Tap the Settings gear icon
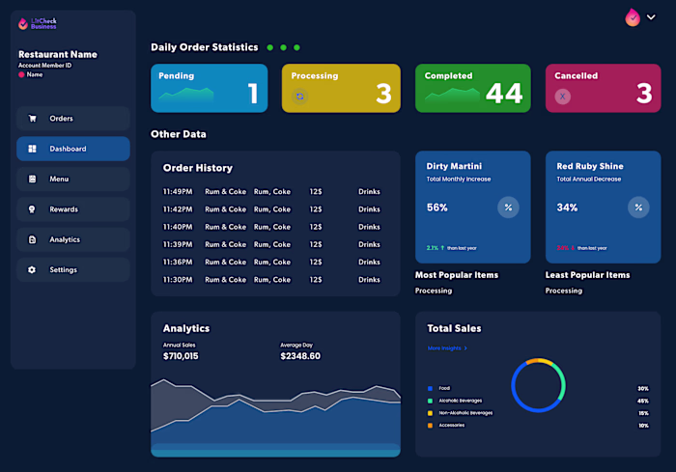click(32, 269)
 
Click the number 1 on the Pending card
click(253, 94)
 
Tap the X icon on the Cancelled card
click(563, 97)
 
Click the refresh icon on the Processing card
click(299, 97)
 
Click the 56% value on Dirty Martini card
click(437, 208)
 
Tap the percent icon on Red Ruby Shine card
click(638, 208)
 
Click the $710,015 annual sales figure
click(181, 356)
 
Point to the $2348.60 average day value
click(300, 356)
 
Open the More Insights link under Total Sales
click(447, 347)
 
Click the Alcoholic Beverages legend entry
click(460, 401)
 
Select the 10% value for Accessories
click(643, 426)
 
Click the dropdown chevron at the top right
click(651, 16)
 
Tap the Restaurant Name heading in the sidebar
click(58, 55)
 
